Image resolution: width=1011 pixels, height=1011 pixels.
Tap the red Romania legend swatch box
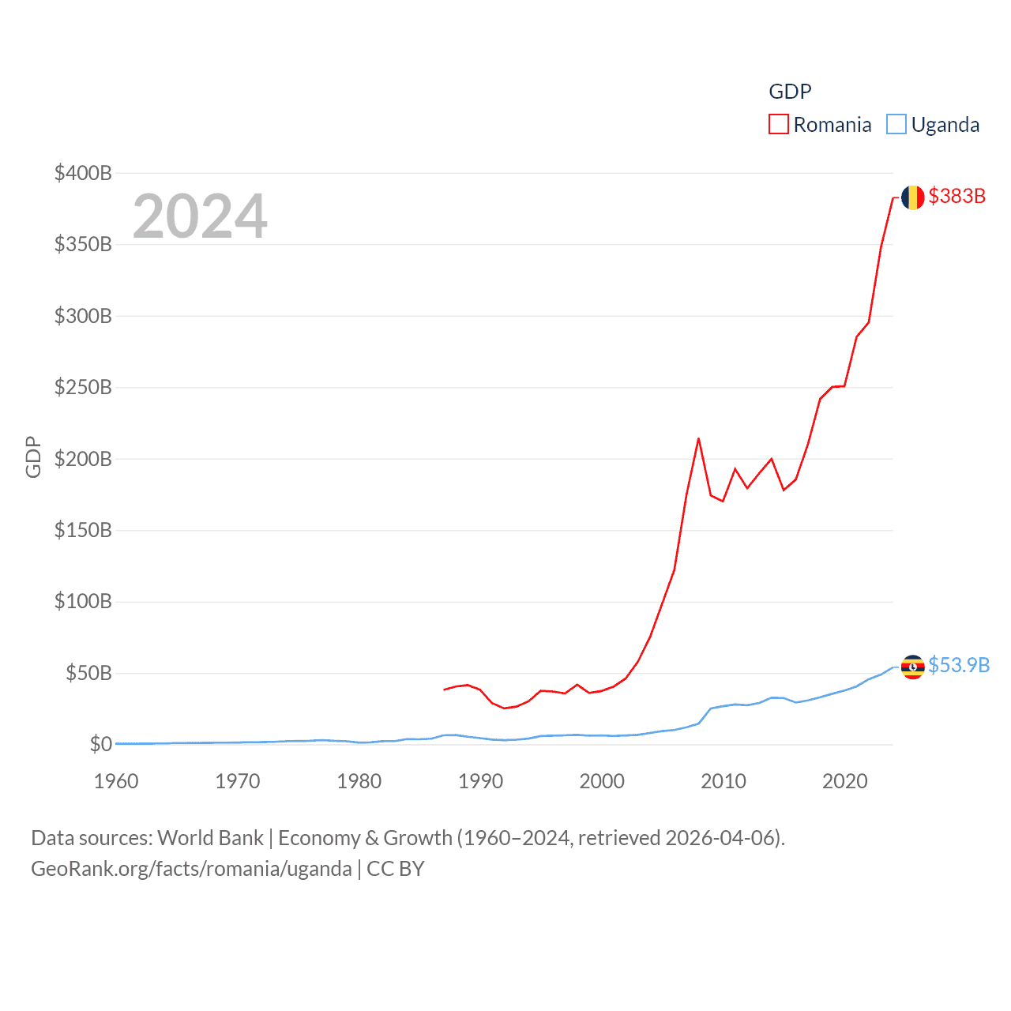coord(779,125)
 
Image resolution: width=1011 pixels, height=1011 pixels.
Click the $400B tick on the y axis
coord(83,173)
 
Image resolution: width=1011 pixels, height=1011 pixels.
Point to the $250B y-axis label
coord(83,387)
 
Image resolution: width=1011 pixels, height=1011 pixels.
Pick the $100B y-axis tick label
coord(83,602)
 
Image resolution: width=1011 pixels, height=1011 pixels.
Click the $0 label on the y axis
coord(100,744)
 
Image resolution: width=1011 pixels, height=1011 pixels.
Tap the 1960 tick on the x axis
coord(116,781)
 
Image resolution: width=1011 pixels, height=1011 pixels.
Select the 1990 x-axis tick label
coord(480,781)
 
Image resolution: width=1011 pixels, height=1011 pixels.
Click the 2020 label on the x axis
coord(844,781)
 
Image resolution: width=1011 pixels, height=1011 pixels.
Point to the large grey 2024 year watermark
coord(200,216)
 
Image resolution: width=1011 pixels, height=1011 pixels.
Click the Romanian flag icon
coord(912,197)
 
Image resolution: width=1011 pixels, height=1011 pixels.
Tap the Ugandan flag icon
coord(912,667)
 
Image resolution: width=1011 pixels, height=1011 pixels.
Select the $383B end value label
coord(957,196)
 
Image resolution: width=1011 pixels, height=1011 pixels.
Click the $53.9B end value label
coord(958,665)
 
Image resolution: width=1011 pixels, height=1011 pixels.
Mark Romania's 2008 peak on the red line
coord(698,438)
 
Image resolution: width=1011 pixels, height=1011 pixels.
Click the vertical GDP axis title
coord(33,457)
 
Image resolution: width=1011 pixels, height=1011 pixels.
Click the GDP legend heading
coord(790,92)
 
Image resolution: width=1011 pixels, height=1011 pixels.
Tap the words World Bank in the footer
coord(210,837)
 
